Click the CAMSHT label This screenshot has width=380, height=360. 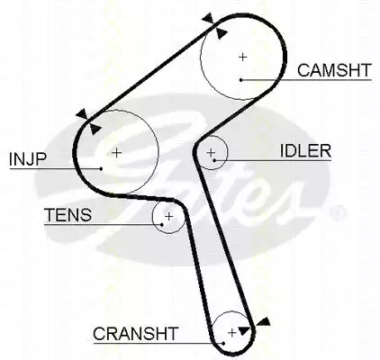tap(334, 70)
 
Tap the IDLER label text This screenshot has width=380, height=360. tap(305, 151)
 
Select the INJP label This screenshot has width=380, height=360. tap(28, 159)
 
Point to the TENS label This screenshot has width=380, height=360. tap(68, 215)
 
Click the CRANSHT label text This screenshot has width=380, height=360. tap(136, 333)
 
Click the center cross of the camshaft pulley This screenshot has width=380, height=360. tap(242, 57)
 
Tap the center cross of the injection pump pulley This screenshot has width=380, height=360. tap(116, 153)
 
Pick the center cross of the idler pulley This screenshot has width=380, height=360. tap(211, 153)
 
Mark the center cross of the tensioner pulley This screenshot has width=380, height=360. tap(169, 216)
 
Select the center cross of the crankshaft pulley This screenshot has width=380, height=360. tap(232, 332)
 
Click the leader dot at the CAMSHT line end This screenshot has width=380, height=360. tap(241, 80)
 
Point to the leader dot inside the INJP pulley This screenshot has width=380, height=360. tap(101, 169)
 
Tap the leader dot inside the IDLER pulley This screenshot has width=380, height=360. tap(214, 160)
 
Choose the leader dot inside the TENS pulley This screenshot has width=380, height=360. tap(162, 224)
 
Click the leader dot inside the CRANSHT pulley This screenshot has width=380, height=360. tap(223, 344)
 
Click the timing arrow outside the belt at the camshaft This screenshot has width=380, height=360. tap(208, 18)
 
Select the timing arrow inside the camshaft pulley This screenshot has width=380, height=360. tap(222, 33)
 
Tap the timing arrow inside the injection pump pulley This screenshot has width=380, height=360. tap(95, 129)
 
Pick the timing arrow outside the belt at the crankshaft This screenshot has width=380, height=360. tap(264, 322)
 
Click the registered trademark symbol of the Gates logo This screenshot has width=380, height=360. tap(338, 213)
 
